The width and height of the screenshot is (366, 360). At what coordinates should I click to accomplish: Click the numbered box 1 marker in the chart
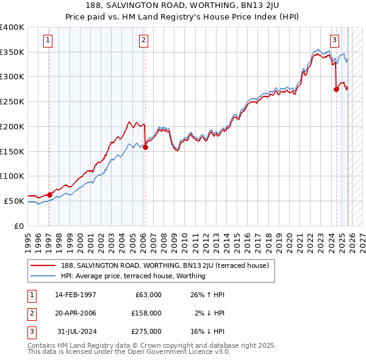click(48, 41)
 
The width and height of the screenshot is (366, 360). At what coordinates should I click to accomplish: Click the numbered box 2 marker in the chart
click(143, 41)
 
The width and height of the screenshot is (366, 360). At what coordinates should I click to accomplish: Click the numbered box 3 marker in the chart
click(334, 41)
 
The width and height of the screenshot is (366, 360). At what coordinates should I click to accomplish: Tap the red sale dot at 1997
click(49, 195)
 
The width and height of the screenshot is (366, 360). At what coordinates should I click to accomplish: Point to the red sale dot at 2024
click(336, 89)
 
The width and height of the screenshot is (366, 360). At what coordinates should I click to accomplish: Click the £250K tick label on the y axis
click(12, 102)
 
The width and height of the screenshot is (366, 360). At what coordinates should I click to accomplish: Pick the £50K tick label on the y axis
click(15, 201)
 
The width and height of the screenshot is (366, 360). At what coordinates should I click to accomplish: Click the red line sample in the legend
click(43, 265)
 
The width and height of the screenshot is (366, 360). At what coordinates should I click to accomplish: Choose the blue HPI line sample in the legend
click(43, 276)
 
